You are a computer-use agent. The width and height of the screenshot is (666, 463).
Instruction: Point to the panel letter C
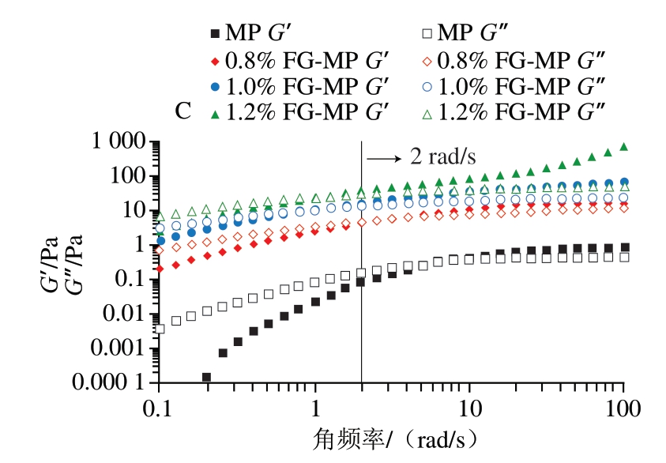(x=182, y=111)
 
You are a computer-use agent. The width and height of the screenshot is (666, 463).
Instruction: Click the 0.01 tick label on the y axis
(x=126, y=314)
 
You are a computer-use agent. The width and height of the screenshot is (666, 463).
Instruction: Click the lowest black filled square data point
(x=207, y=377)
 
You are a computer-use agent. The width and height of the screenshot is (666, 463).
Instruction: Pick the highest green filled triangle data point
(x=623, y=146)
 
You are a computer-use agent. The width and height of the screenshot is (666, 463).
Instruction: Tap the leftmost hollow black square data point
(x=160, y=328)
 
